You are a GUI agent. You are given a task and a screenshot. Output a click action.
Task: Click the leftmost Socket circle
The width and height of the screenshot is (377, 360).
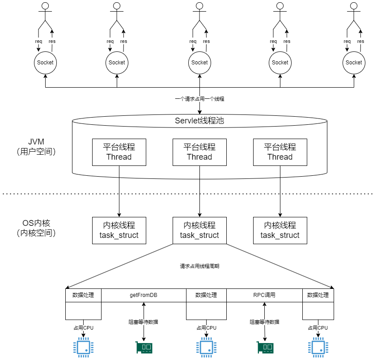pos(45,63)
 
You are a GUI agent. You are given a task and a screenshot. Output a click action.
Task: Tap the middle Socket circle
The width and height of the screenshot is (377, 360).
pos(199,63)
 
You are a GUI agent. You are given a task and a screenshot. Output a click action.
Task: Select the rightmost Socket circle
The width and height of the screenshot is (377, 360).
pos(354,63)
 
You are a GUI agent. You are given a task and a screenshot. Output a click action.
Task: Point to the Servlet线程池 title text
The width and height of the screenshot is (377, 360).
pos(199,120)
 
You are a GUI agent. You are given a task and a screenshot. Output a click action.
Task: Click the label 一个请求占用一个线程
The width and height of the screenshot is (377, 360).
pos(199,99)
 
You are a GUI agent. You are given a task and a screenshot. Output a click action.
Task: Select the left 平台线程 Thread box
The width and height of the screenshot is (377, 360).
pos(119,152)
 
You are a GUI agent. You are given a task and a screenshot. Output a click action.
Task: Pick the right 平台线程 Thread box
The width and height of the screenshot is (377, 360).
pos(280,152)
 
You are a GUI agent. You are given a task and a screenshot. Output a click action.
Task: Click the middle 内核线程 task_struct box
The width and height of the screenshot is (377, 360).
pos(199,230)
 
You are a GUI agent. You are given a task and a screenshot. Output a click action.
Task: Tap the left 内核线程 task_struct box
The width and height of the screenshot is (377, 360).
pos(119,230)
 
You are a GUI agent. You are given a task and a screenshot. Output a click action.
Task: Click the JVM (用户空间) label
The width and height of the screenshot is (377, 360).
pos(36,147)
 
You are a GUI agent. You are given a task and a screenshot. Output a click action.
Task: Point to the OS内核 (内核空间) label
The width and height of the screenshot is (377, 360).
pos(36,228)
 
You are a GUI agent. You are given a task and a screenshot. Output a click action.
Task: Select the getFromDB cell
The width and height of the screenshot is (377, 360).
pos(144,295)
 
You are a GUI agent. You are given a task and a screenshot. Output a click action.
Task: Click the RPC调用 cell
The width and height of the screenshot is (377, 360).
pos(264,295)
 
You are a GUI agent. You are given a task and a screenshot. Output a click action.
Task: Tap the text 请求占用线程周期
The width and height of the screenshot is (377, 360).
pos(199,266)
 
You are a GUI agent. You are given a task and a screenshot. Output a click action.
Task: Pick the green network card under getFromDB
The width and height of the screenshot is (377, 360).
pos(144,347)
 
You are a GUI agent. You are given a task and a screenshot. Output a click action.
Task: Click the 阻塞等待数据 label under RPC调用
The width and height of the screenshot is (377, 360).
pos(264,322)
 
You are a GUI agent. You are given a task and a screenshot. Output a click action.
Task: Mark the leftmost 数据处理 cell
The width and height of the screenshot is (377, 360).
pos(83,295)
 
